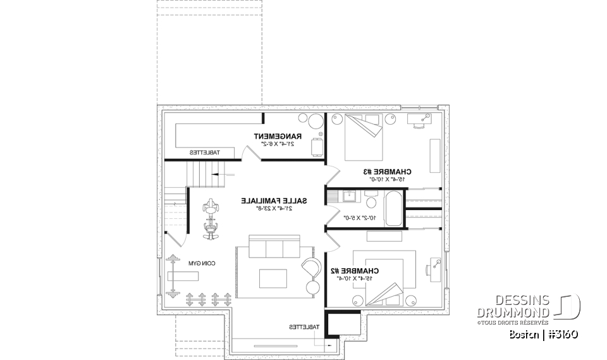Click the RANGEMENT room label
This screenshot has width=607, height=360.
click(x=278, y=136)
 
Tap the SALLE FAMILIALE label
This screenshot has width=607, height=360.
click(x=274, y=201)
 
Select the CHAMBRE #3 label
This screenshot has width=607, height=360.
click(x=387, y=171)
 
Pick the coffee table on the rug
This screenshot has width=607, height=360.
click(x=273, y=277)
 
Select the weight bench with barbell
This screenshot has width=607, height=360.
click(x=182, y=275)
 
